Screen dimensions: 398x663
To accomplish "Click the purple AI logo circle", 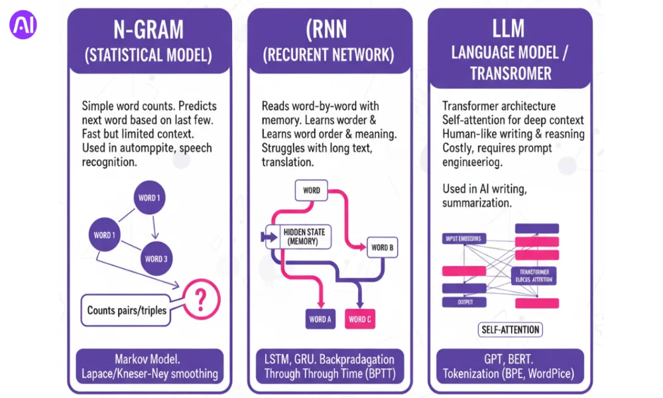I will pos(23,25).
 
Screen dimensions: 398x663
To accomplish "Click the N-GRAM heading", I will pos(148,31).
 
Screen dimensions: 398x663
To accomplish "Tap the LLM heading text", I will pos(509,29).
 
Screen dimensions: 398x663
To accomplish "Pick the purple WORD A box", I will pos(320,319).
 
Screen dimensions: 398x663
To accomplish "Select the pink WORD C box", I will pos(360,319).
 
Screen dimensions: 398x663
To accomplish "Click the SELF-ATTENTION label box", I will pos(509,330).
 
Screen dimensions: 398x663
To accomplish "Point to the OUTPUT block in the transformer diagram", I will pos(463,302).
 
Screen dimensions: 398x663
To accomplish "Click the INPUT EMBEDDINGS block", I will pos(463,238).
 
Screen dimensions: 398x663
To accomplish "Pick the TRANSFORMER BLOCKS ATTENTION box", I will pos(534,276).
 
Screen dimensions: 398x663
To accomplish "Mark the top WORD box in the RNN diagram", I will pos(312,190).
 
